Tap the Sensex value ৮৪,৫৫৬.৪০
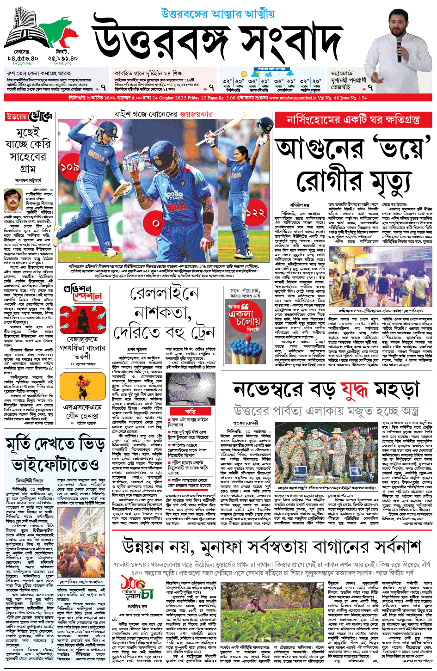pos(22,59)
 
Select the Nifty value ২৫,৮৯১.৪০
pos(62,59)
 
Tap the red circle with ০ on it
pos(155,223)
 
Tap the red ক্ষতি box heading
pos(190,411)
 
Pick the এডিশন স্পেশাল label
pos(83,293)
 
